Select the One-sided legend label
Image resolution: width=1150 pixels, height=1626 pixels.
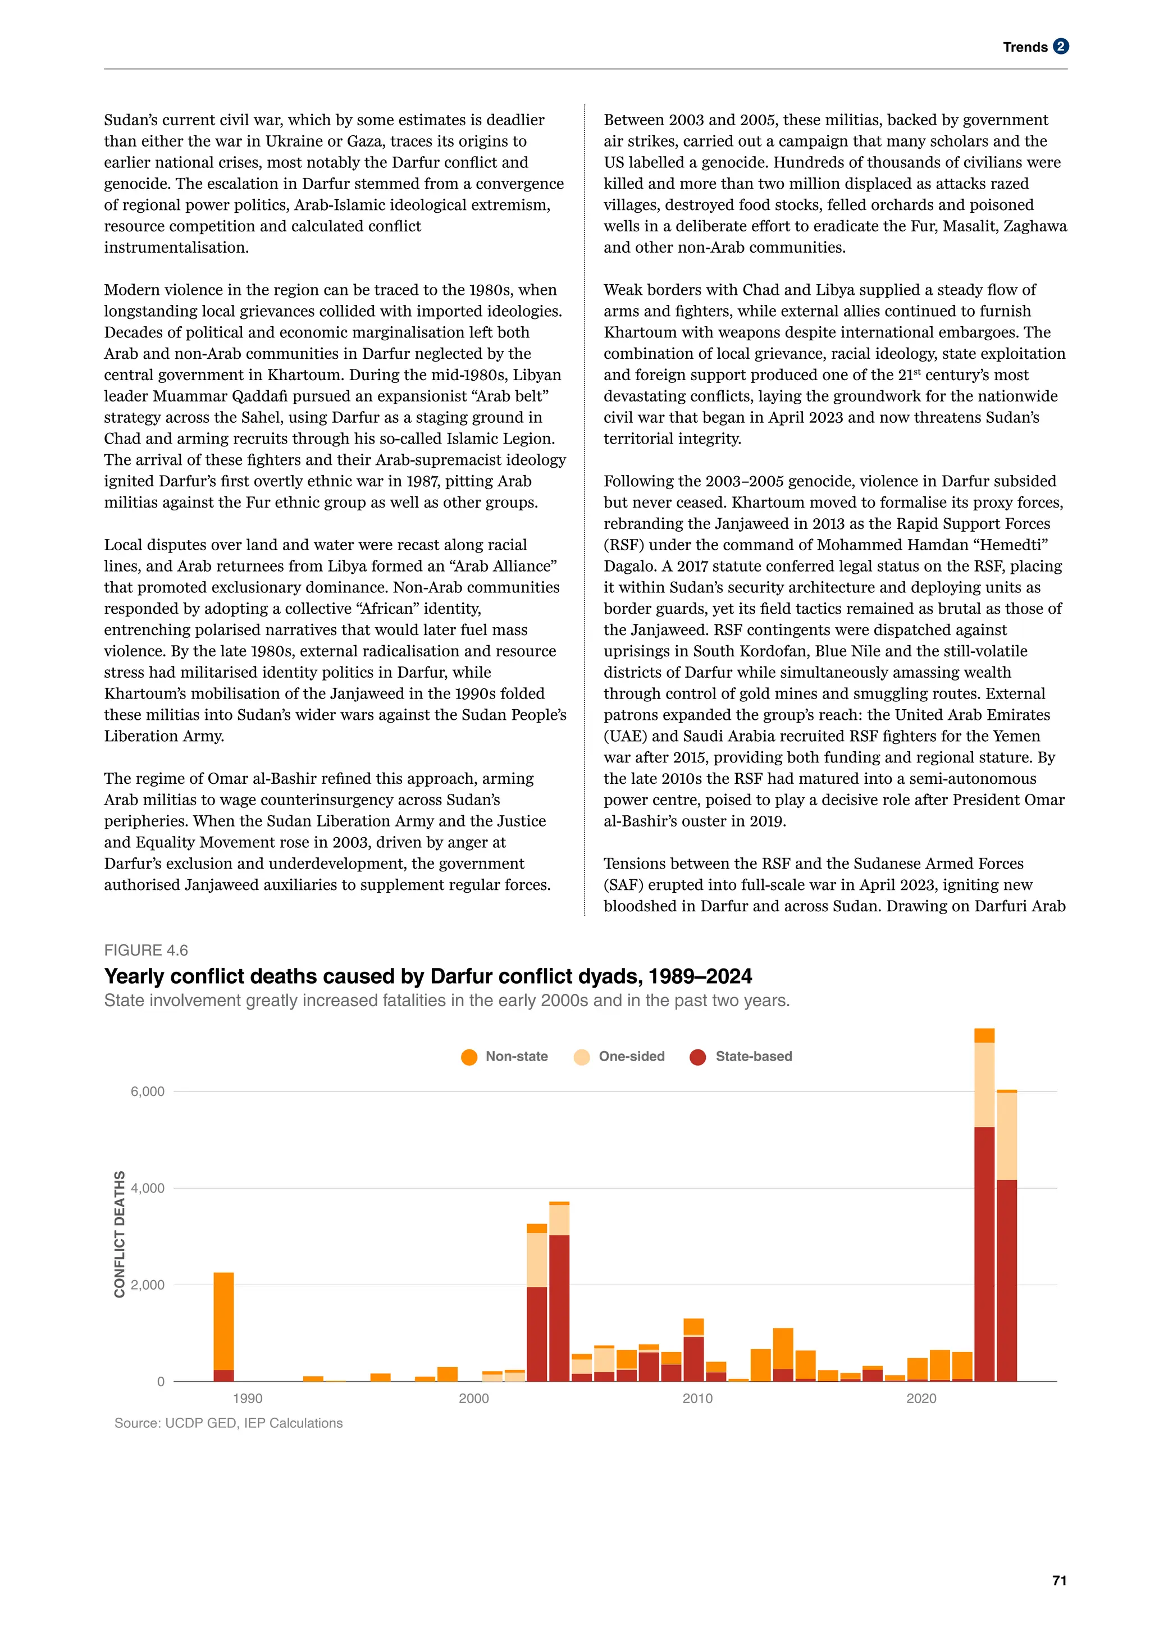click(x=631, y=1056)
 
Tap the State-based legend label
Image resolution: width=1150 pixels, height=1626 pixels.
click(x=754, y=1056)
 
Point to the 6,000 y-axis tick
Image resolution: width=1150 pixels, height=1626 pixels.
click(x=147, y=1091)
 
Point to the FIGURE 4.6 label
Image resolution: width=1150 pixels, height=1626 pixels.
click(x=146, y=951)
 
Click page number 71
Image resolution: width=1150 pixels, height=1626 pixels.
click(x=1058, y=1581)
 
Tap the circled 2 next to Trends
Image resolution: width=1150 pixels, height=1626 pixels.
click(x=1060, y=47)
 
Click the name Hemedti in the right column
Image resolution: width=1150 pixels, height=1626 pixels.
click(x=1006, y=545)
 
